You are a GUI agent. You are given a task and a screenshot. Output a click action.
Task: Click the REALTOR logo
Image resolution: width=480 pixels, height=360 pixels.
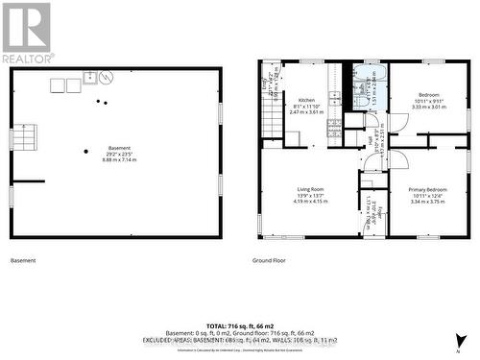click(26, 33)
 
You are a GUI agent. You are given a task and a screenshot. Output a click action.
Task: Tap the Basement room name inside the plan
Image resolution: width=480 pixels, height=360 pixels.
click(119, 148)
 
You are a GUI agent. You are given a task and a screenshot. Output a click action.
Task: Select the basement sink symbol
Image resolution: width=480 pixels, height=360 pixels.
click(90, 79)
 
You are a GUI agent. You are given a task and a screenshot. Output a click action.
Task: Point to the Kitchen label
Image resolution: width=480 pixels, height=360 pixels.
click(306, 100)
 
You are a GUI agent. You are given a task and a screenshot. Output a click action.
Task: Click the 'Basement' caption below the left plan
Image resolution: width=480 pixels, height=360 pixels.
click(22, 260)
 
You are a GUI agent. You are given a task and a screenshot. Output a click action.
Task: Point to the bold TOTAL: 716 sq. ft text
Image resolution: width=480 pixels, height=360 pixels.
click(240, 324)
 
